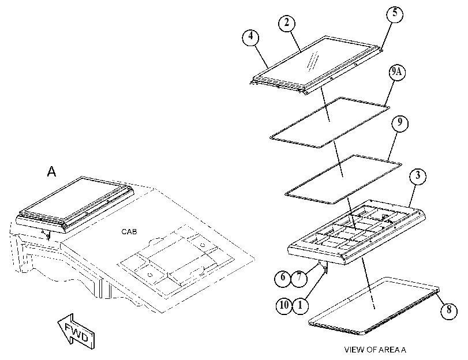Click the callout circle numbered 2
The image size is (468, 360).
tap(287, 23)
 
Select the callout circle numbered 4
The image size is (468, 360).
tap(250, 36)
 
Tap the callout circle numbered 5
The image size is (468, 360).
tap(395, 13)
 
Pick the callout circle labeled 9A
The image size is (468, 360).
tap(397, 73)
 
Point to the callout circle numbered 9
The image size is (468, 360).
tap(400, 123)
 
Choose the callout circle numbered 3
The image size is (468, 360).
tap(418, 176)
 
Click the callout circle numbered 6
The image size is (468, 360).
tap(283, 278)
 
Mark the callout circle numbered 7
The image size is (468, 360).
tap(299, 278)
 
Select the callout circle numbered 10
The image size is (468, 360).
tap(284, 306)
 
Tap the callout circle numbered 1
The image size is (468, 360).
tap(300, 306)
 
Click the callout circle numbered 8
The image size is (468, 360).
tap(448, 310)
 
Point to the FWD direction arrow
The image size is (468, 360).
tap(76, 331)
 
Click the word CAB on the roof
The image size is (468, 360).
tap(129, 232)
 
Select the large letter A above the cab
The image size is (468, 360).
tap(51, 172)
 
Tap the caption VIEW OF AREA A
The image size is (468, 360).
tap(375, 350)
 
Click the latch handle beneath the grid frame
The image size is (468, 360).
tap(324, 267)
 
